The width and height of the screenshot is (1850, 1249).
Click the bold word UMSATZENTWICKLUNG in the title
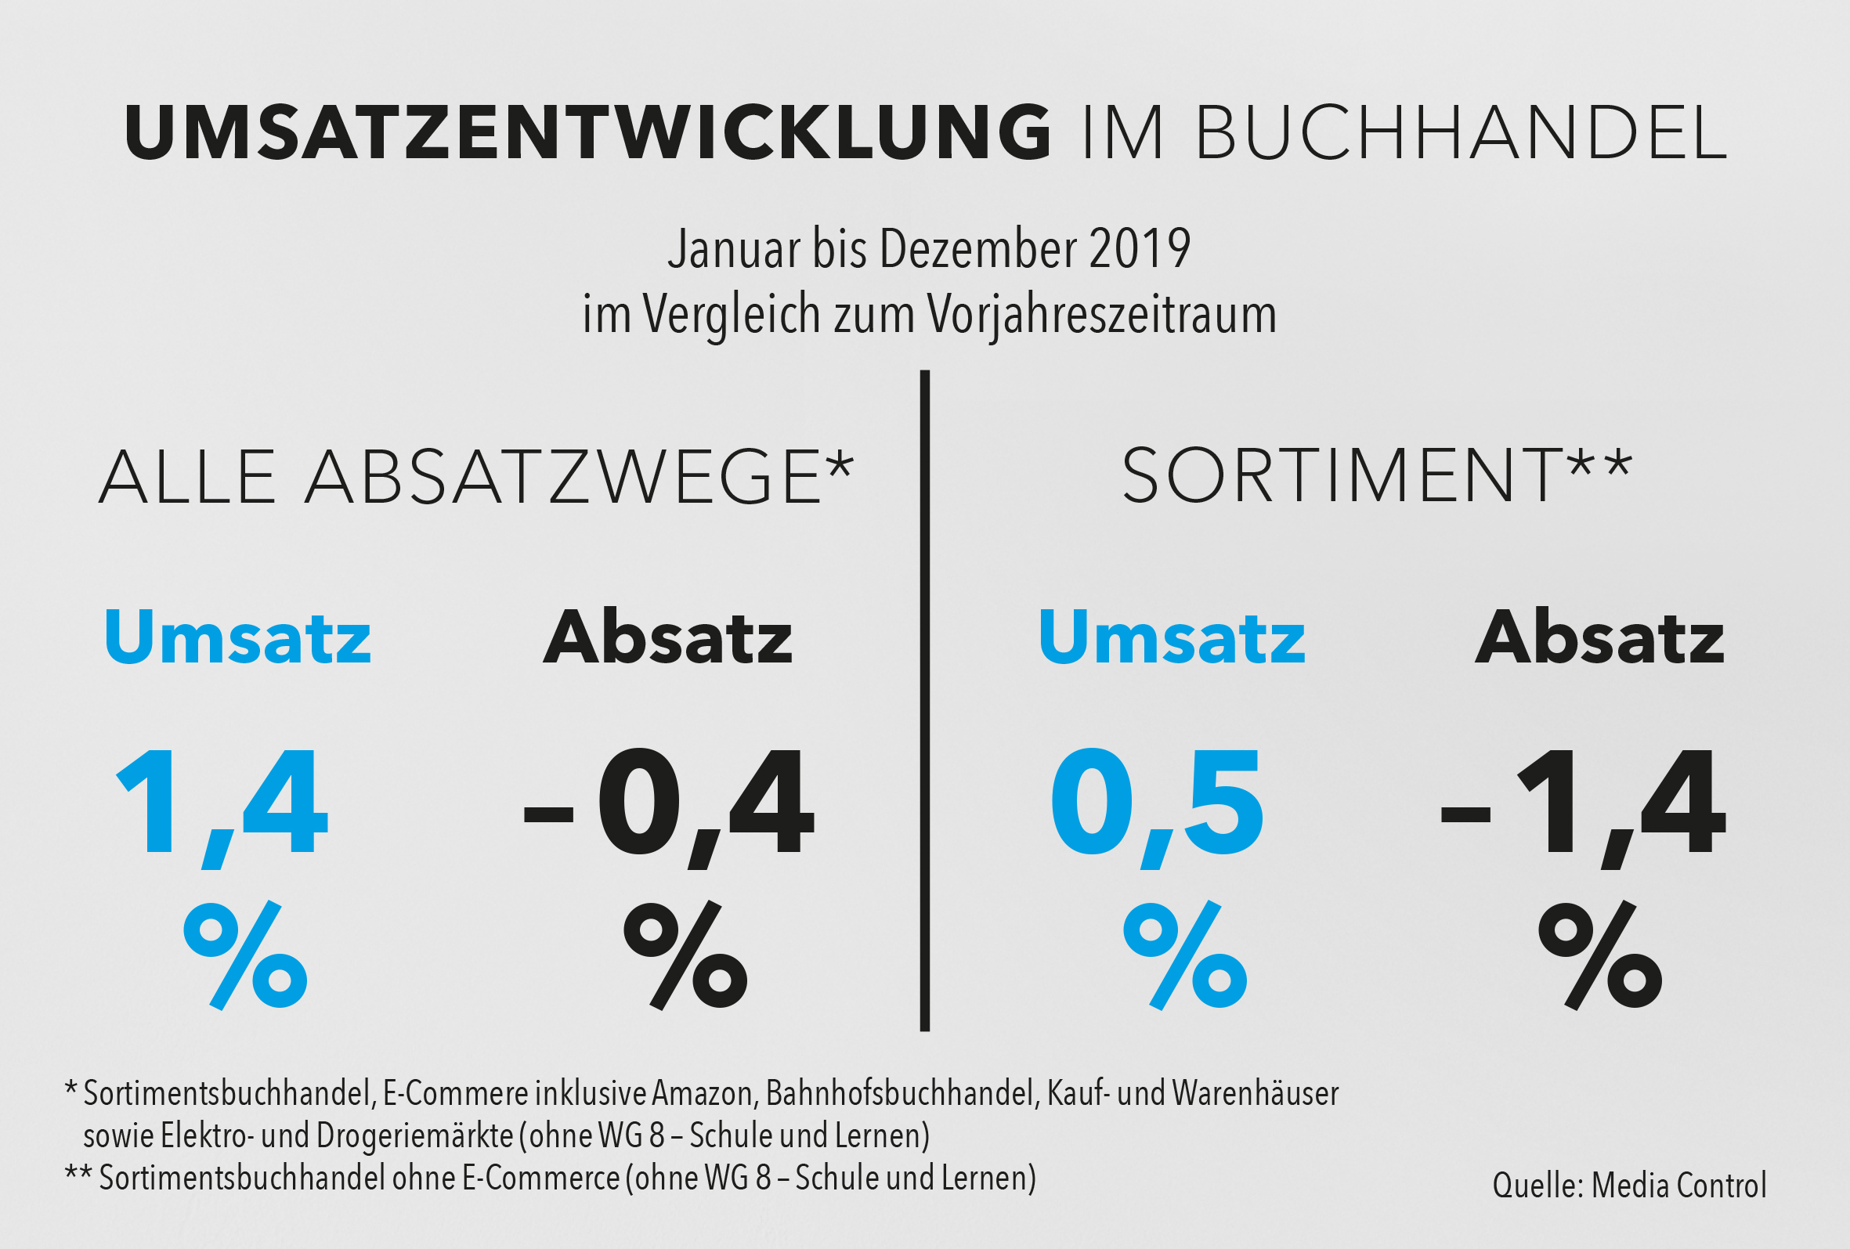(587, 132)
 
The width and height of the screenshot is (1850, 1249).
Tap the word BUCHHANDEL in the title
(1462, 132)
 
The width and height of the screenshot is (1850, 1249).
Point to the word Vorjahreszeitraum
(1102, 315)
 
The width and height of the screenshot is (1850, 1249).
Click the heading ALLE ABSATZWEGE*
(476, 478)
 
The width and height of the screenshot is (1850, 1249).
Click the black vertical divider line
(924, 701)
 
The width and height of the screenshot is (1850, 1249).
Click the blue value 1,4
(223, 804)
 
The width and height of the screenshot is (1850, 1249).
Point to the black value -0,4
(669, 804)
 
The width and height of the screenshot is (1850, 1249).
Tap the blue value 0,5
(1157, 804)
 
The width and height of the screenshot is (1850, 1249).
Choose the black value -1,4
(1584, 804)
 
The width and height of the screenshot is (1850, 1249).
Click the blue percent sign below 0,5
(1184, 955)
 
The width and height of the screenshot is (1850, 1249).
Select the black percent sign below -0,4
(685, 955)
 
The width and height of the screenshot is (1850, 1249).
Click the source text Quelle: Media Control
(1629, 1186)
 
